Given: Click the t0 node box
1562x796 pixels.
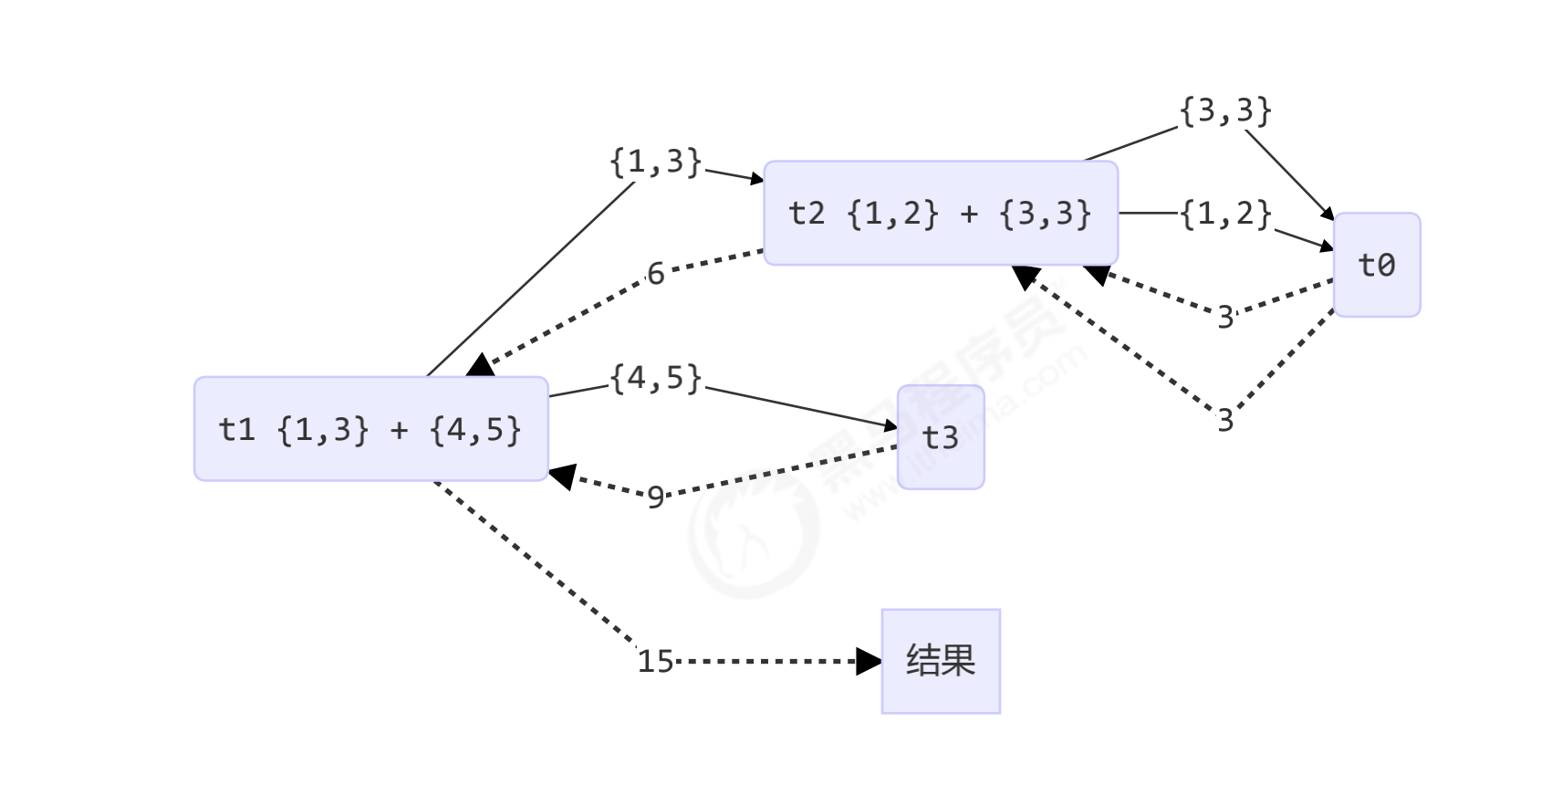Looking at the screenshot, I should [1376, 265].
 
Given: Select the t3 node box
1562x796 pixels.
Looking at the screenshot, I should [940, 437].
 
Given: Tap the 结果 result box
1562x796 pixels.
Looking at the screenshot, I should [940, 661].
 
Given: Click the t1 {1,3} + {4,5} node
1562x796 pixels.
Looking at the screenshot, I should [370, 428].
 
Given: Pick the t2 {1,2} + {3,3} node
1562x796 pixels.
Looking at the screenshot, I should [940, 214].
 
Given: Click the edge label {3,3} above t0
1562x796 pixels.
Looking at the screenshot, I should [1225, 111].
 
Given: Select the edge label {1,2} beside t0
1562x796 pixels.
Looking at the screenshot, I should [1225, 215].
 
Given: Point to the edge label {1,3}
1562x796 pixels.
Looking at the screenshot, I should [655, 162].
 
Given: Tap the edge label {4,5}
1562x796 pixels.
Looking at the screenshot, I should [655, 378].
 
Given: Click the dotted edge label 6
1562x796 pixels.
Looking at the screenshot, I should [655, 273].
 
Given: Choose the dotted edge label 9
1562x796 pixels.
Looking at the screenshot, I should [655, 497].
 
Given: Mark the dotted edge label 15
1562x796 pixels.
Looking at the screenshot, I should [655, 661].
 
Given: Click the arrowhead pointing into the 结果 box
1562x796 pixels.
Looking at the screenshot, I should [870, 661].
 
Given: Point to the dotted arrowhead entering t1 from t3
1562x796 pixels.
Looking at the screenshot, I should [561, 476].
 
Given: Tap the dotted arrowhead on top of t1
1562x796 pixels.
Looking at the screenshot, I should [479, 366].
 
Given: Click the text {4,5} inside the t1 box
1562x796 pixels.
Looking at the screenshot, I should [475, 429].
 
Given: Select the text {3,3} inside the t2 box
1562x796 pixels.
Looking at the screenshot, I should [1045, 214].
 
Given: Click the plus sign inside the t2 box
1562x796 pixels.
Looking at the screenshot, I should [969, 215].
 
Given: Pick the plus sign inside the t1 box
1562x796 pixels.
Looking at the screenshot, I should [399, 430].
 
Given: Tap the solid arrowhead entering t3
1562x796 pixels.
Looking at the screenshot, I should [891, 426].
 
